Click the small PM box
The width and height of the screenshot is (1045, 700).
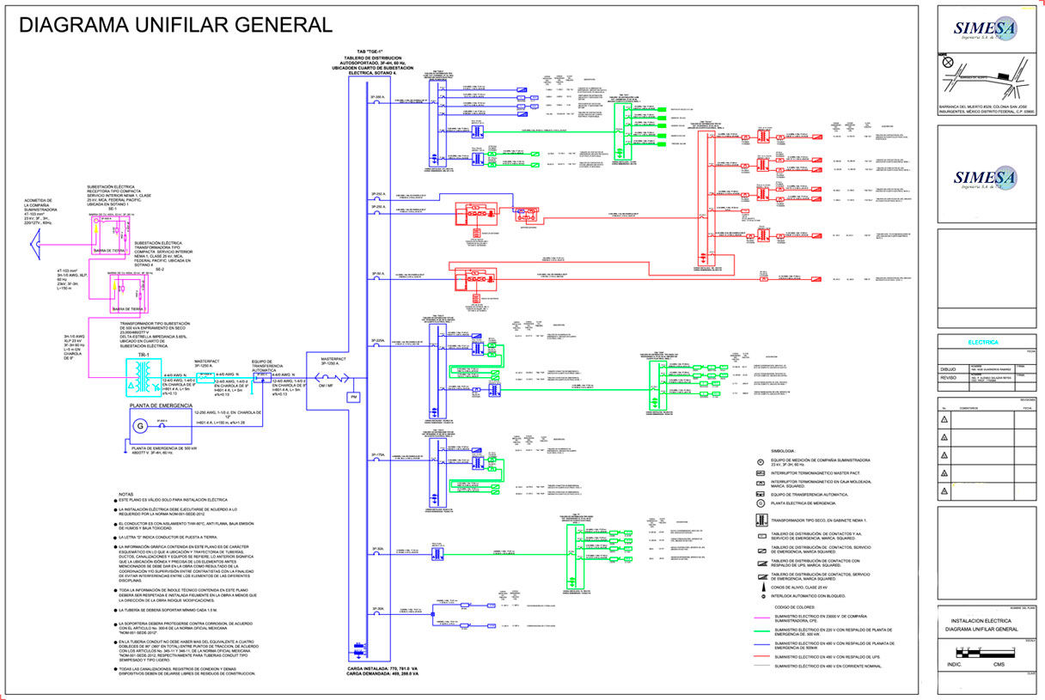[x=352, y=398]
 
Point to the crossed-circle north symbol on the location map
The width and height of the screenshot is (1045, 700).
[x=947, y=62]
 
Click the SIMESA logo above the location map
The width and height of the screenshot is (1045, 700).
[x=985, y=30]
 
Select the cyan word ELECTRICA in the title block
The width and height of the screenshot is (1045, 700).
[x=983, y=342]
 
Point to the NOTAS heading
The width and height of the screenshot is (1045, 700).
[x=126, y=495]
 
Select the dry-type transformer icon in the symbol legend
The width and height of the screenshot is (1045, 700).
[x=761, y=520]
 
